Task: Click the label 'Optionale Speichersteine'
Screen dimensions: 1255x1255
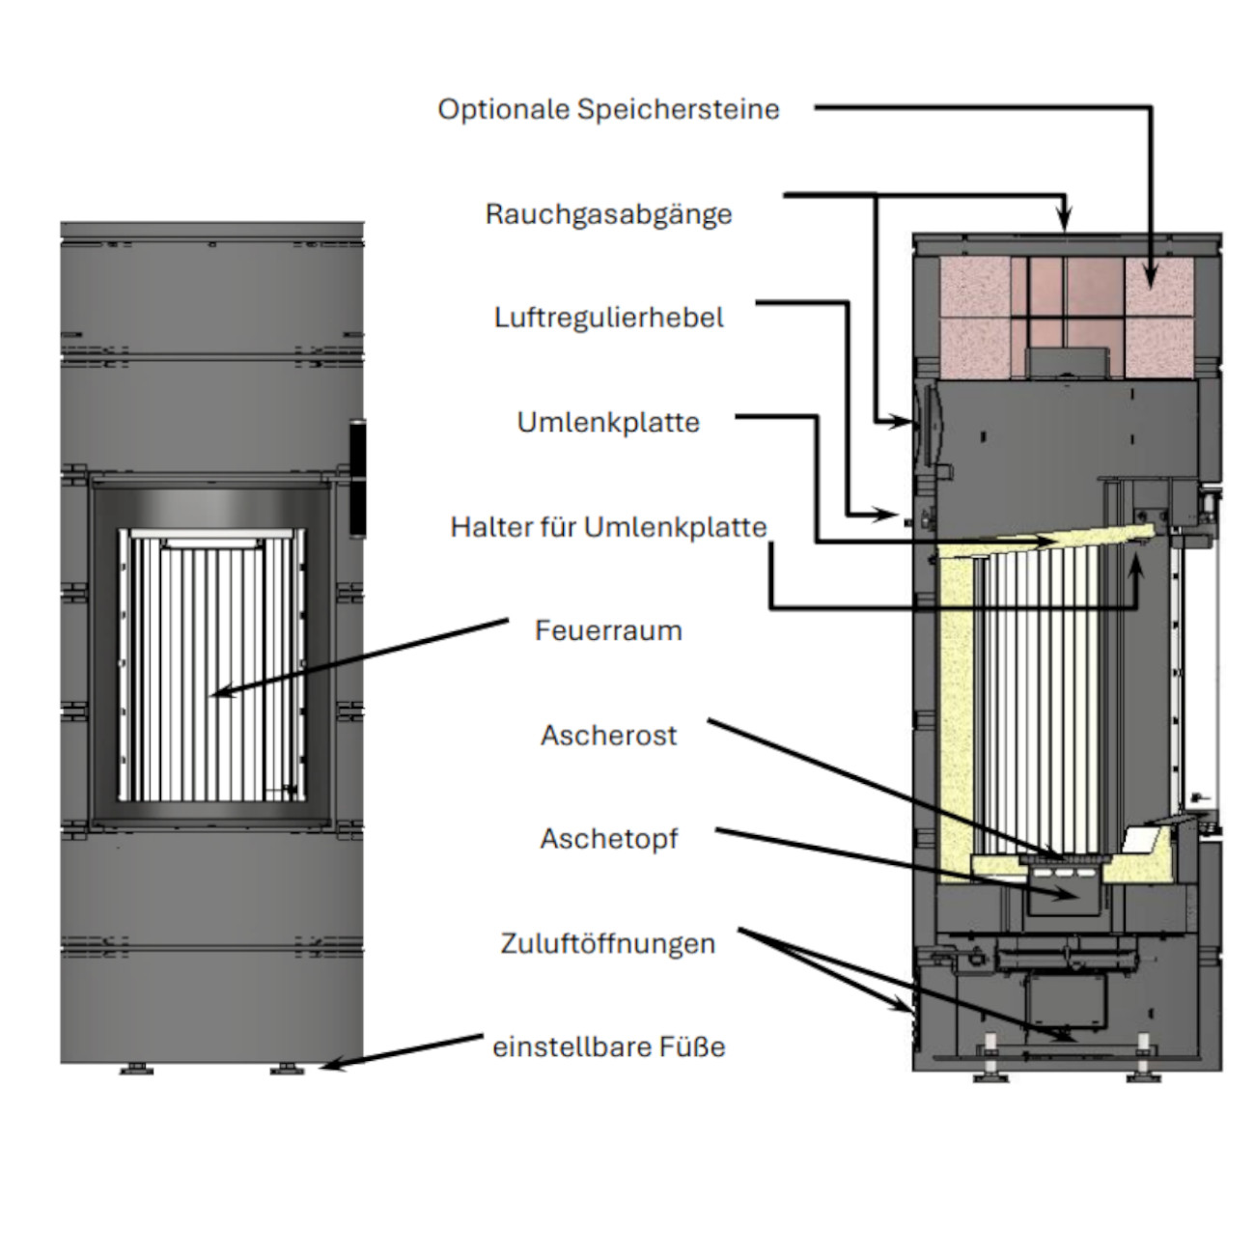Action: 608,109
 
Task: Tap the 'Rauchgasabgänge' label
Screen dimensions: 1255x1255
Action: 608,215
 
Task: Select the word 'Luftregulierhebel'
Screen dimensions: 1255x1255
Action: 608,318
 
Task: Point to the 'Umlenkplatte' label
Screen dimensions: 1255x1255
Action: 608,422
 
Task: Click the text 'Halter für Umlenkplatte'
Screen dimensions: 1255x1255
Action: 608,527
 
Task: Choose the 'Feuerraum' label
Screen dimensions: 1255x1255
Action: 608,630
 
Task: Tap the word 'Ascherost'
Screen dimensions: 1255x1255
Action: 608,736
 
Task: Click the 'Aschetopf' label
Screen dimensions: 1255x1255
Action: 608,839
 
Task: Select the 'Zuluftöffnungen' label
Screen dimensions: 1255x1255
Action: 608,943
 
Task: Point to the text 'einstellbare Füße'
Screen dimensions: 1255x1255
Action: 608,1047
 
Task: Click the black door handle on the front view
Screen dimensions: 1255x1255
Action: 357,480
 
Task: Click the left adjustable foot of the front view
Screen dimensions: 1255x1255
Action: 137,1069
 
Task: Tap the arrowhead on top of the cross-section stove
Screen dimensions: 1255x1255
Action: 1065,217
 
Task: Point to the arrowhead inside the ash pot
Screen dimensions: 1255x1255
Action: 1068,896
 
